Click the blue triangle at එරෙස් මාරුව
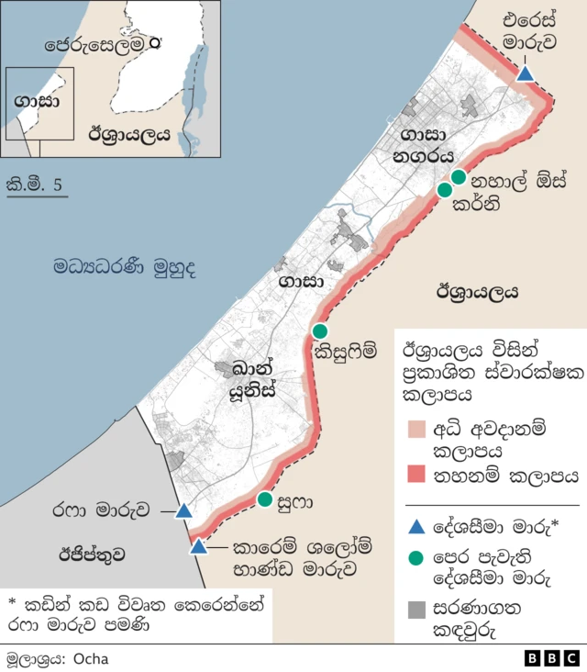(x=525, y=73)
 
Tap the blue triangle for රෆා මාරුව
(x=183, y=510)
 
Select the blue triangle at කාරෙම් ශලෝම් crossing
(x=198, y=547)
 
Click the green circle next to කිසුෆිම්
(x=320, y=330)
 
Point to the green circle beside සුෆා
(x=265, y=499)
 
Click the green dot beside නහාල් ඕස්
(x=459, y=177)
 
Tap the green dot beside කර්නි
(x=445, y=190)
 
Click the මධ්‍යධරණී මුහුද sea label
(x=124, y=268)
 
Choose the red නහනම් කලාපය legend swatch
(x=414, y=475)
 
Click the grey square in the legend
(x=415, y=610)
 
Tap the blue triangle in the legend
(x=415, y=526)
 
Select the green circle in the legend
(x=415, y=558)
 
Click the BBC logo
(x=551, y=658)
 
